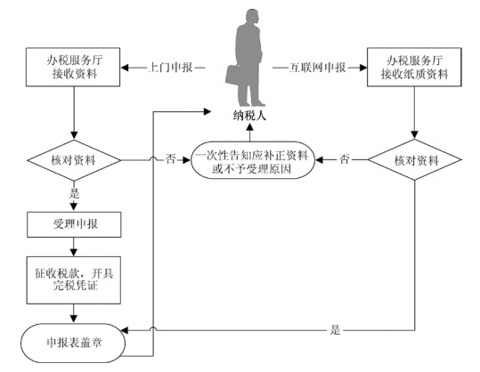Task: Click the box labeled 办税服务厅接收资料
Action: click(x=73, y=67)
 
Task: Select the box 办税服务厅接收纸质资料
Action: click(x=414, y=67)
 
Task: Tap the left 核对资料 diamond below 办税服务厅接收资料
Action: click(x=74, y=160)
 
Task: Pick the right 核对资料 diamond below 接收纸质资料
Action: click(x=414, y=159)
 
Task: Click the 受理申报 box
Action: click(x=74, y=224)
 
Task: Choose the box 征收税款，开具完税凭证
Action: click(x=74, y=280)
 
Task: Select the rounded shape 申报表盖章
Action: click(x=73, y=343)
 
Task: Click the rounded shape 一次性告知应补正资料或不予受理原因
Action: click(x=253, y=160)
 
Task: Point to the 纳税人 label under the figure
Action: click(x=249, y=116)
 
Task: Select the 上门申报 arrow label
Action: click(x=170, y=68)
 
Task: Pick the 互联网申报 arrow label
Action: click(x=317, y=68)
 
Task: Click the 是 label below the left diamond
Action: click(x=74, y=193)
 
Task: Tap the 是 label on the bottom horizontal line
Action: click(x=335, y=330)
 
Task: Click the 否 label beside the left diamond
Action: click(x=171, y=159)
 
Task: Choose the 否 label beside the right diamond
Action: click(x=344, y=159)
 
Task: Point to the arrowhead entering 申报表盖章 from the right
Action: click(x=125, y=330)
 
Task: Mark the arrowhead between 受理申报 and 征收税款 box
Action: click(x=74, y=253)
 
